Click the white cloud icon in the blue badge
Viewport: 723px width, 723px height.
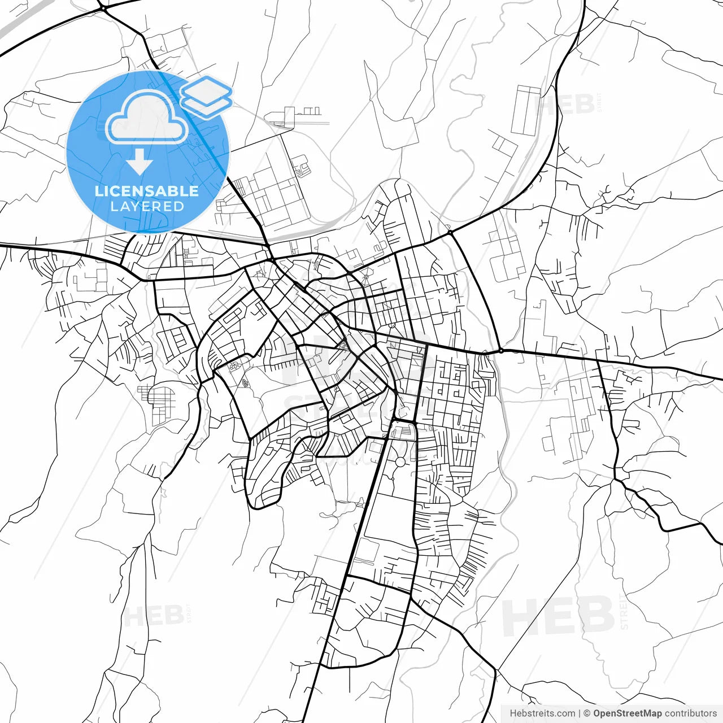[146, 118]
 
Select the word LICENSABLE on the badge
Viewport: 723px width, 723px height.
[147, 191]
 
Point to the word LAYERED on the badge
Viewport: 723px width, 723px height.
[147, 207]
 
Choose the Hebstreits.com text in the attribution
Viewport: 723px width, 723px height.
[542, 713]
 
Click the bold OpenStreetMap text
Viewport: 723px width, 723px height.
[627, 713]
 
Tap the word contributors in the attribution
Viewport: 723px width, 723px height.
[690, 713]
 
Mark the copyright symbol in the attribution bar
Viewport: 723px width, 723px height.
[587, 713]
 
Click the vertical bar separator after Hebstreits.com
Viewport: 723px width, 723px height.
[580, 713]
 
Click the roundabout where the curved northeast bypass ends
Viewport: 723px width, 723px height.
[450, 232]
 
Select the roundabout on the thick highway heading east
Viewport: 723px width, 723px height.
[501, 351]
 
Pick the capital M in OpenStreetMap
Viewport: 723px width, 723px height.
[645, 713]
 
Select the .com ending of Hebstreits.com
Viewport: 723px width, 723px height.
[566, 713]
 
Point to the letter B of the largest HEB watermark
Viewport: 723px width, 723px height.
[593, 616]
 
